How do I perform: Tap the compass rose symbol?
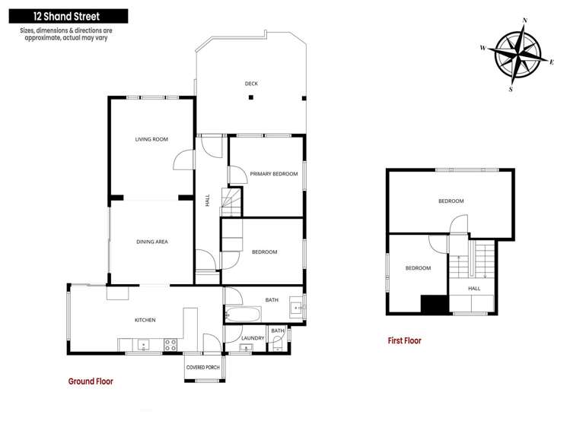point(515,54)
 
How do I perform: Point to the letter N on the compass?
point(524,21)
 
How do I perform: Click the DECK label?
point(251,84)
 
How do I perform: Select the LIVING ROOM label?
point(151,139)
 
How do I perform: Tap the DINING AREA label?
point(151,242)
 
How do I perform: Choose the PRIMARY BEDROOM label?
point(274,174)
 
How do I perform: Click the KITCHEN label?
point(145,320)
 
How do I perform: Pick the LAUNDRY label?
point(252,338)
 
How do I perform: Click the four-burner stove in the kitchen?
point(170,344)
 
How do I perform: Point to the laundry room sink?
point(245,348)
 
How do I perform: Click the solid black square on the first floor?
point(433,303)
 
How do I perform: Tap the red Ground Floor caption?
point(91,381)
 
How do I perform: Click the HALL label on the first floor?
point(474,289)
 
